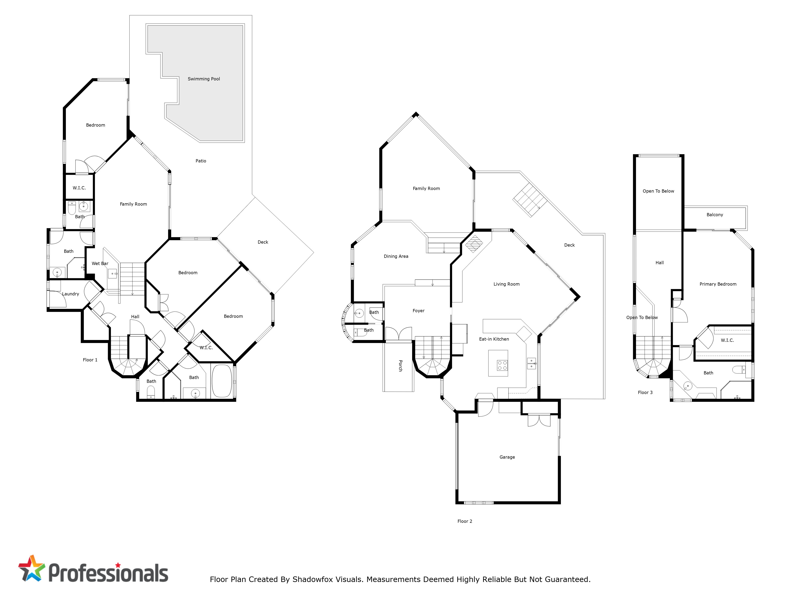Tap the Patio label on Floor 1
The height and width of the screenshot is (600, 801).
point(201,161)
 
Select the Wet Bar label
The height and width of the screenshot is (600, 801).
point(100,263)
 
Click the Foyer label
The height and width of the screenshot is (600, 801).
point(418,311)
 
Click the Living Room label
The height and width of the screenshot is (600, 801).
point(506,284)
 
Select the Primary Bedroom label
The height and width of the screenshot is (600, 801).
point(718,284)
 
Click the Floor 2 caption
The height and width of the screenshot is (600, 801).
point(465,521)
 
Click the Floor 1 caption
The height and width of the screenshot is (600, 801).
point(90,360)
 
